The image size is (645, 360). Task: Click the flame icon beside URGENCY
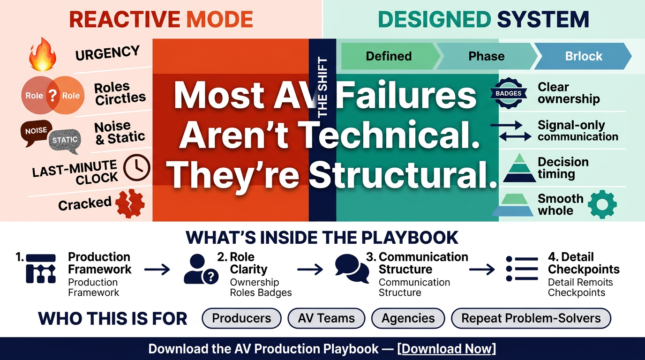point(42,54)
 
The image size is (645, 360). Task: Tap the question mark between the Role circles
point(52,95)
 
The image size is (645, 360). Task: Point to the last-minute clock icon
point(137,167)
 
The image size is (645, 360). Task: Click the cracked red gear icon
point(130,203)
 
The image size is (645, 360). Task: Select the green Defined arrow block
point(390,56)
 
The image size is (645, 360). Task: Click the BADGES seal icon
point(509,93)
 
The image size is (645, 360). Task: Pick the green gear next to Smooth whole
point(602,204)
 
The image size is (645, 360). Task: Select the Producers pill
point(241,318)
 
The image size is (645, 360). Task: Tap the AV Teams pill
point(326,318)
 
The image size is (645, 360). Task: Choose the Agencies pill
point(408,318)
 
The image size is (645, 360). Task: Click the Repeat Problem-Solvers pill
point(531,318)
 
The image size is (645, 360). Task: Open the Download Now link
point(447,349)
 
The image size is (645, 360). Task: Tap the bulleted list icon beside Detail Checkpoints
point(522,269)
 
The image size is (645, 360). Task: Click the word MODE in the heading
point(220,19)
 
